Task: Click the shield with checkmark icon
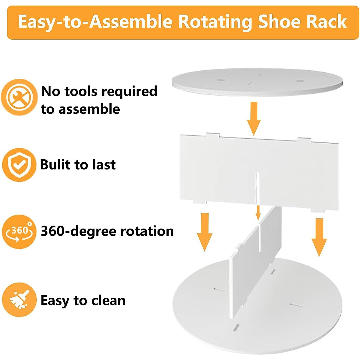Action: tap(19, 164)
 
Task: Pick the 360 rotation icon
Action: tap(19, 231)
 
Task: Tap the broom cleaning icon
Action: tap(19, 299)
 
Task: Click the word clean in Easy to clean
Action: tap(108, 300)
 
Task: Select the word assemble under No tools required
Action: tap(89, 109)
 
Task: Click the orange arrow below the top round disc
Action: tap(254, 118)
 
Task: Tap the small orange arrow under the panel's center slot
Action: tap(258, 212)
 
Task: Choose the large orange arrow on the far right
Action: tap(319, 237)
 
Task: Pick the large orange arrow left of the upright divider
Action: tap(205, 231)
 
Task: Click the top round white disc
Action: tap(257, 82)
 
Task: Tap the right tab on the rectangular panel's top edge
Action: tap(304, 140)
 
